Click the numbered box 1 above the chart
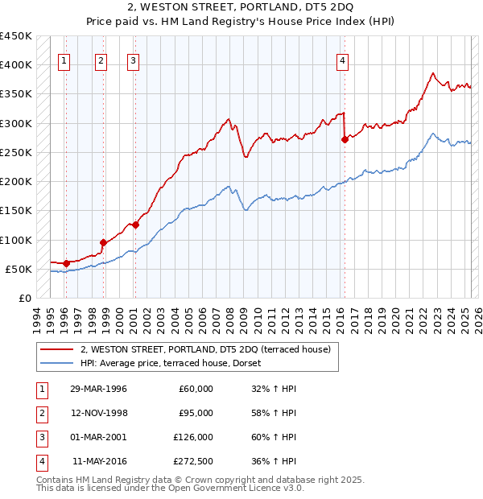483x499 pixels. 64,59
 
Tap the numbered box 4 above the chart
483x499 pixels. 343,59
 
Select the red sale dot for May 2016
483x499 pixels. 345,139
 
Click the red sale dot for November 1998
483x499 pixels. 103,242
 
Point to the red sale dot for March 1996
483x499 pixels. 66,262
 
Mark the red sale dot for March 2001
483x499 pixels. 135,225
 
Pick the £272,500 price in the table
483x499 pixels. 193,461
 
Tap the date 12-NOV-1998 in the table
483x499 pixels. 99,413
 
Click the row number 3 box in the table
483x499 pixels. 40,437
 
